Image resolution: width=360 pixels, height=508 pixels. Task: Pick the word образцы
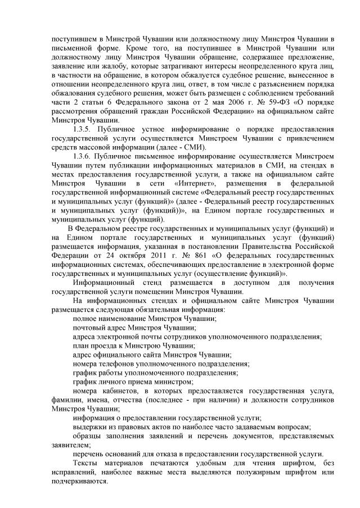pos(91,436)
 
